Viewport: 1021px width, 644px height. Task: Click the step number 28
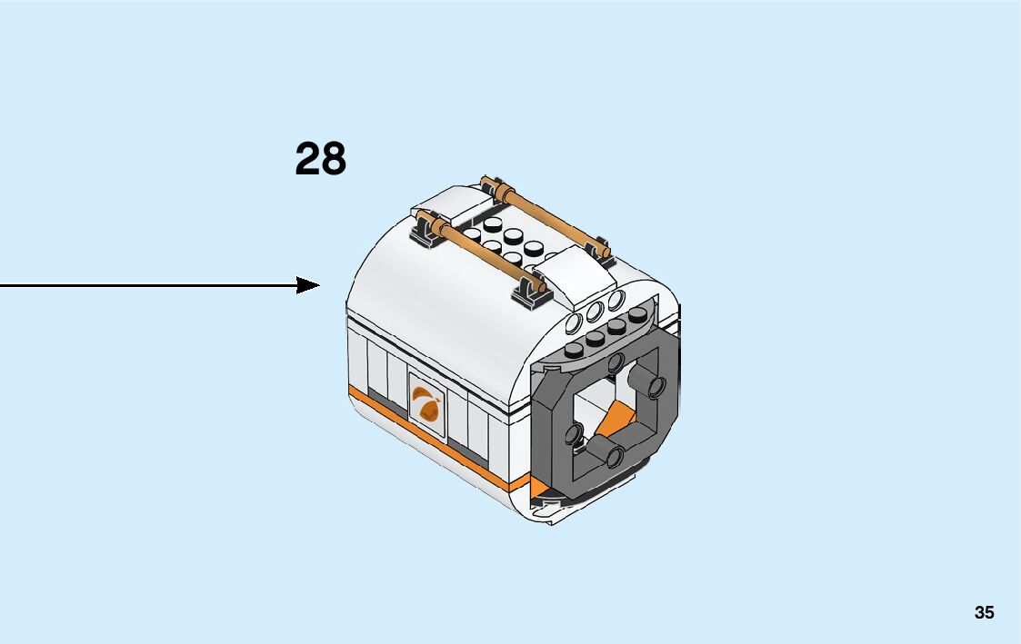pos(320,160)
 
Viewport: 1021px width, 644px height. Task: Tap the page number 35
pos(984,613)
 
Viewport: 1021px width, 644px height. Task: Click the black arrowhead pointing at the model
pos(309,285)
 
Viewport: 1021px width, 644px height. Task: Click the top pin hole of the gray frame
pos(616,363)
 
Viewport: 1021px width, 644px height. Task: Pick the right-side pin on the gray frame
pos(653,385)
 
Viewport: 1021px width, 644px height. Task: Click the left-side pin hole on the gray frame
pos(576,433)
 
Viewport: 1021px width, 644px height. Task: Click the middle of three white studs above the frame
pos(596,312)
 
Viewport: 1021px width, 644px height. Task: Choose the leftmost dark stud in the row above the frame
pos(575,350)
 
